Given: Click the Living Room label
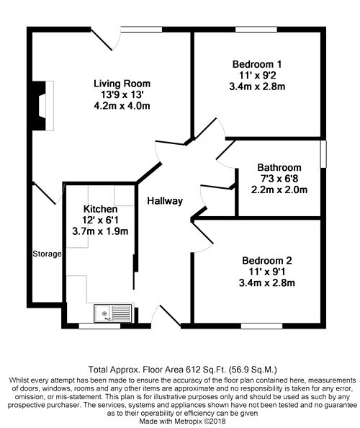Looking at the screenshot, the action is pyautogui.click(x=122, y=84).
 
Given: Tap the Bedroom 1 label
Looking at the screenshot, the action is pyautogui.click(x=257, y=64).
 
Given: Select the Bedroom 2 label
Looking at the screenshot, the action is pyautogui.click(x=266, y=260).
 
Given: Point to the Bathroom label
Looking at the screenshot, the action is pyautogui.click(x=279, y=167).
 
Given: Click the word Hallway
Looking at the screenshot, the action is pyautogui.click(x=165, y=201).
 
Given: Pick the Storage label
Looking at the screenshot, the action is pyautogui.click(x=47, y=254).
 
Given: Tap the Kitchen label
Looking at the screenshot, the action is pyautogui.click(x=100, y=209).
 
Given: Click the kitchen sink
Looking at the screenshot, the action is pyautogui.click(x=112, y=313).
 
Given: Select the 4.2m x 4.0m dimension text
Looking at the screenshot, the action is pyautogui.click(x=122, y=106).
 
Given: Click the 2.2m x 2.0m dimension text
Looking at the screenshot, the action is pyautogui.click(x=279, y=190).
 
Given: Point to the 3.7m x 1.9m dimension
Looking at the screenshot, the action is pyautogui.click(x=100, y=231).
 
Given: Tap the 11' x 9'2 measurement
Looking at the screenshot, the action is pyautogui.click(x=257, y=76).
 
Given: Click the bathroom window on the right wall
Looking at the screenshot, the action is pyautogui.click(x=323, y=154).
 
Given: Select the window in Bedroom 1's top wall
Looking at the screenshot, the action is pyautogui.click(x=256, y=30).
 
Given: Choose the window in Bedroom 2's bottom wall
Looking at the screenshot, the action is pyautogui.click(x=261, y=326).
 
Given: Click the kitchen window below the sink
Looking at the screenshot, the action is pyautogui.click(x=99, y=326).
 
